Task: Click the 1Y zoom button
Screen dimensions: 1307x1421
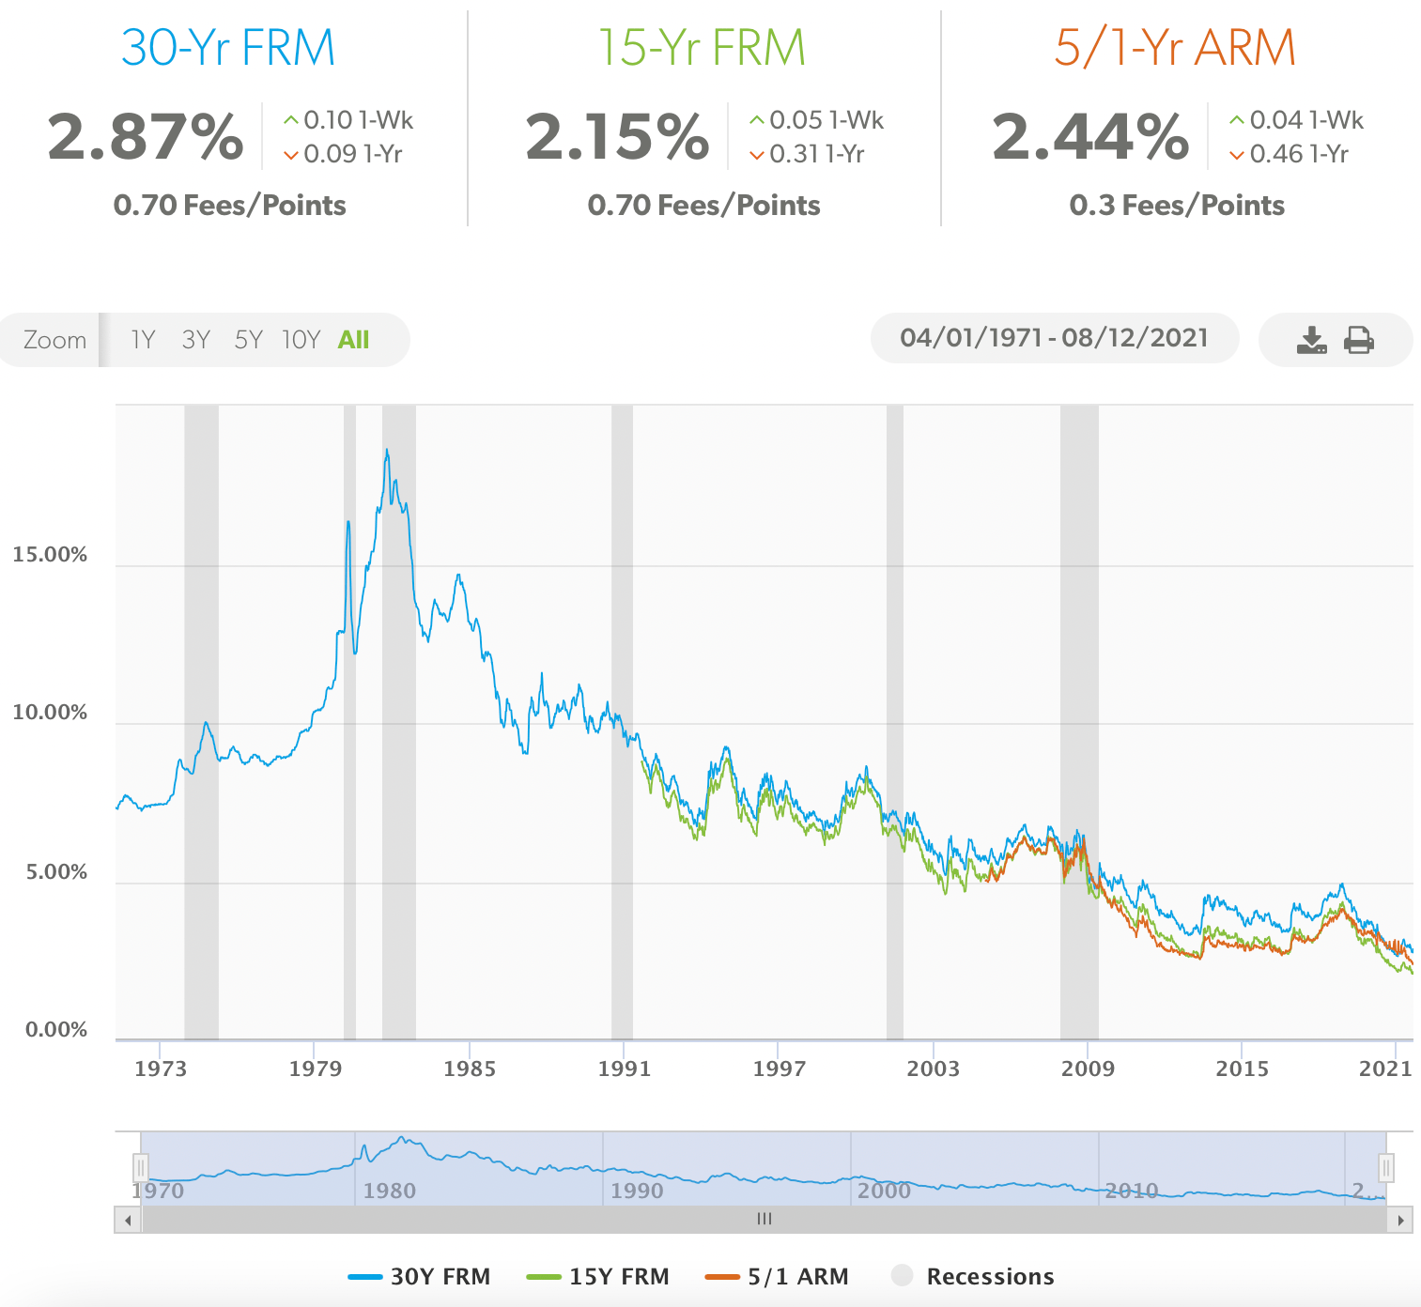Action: (x=143, y=339)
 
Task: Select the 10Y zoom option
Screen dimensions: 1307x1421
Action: (x=301, y=339)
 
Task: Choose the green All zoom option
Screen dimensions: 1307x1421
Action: (x=353, y=339)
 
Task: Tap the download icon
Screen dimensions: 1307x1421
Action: (x=1311, y=339)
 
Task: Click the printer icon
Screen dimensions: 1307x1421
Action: (x=1359, y=339)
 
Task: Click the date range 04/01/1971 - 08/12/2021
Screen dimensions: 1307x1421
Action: (x=1054, y=338)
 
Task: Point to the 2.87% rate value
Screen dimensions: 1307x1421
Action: (x=146, y=137)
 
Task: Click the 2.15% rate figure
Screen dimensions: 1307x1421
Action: (x=617, y=137)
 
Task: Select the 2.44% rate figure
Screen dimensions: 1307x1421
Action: (x=1090, y=137)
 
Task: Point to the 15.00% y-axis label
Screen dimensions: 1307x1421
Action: (x=50, y=555)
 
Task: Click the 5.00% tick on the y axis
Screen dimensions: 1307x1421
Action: (x=56, y=872)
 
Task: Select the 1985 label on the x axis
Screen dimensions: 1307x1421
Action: (x=470, y=1069)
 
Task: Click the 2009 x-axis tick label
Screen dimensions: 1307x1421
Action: (x=1088, y=1069)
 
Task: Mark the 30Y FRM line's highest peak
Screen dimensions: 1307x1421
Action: (x=386, y=451)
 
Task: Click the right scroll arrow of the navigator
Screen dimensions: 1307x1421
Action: (x=1400, y=1220)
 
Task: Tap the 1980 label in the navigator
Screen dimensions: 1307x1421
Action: (x=389, y=1191)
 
